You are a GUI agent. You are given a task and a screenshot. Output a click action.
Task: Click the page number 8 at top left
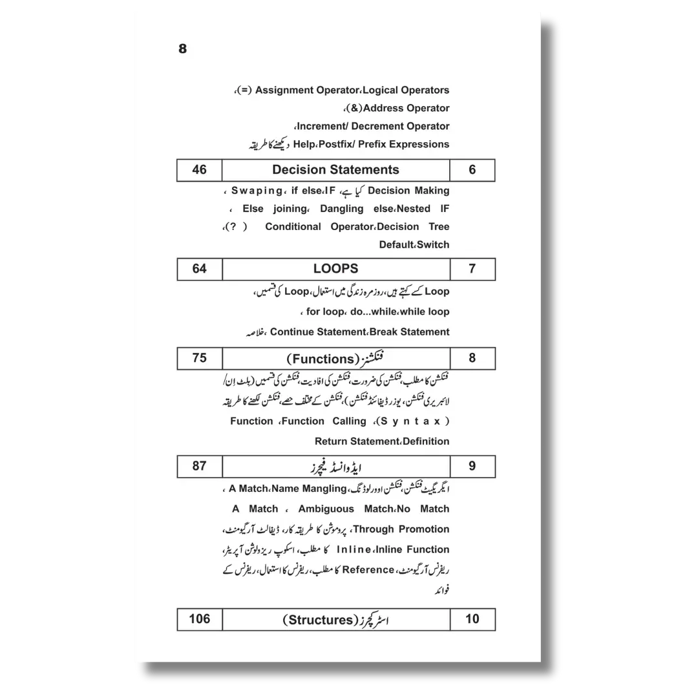(182, 49)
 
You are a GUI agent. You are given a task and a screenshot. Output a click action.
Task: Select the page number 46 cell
(199, 170)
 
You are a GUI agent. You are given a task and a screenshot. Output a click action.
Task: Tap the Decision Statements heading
(335, 170)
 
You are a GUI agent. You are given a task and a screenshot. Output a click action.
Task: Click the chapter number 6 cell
(472, 170)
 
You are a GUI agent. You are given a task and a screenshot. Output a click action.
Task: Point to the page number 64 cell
(199, 269)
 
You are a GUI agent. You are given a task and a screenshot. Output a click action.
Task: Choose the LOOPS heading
(335, 269)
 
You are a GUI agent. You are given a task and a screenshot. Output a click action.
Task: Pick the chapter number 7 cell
(472, 269)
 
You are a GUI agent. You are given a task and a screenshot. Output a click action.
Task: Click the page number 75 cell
(199, 358)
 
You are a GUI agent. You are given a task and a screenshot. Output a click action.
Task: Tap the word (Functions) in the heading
(319, 359)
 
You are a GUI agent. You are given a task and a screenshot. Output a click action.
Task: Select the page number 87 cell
(199, 465)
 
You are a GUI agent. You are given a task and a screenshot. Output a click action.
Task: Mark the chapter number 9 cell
(472, 465)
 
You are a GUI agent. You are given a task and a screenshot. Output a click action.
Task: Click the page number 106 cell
(199, 619)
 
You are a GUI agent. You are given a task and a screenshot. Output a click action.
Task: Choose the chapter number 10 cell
(472, 619)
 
